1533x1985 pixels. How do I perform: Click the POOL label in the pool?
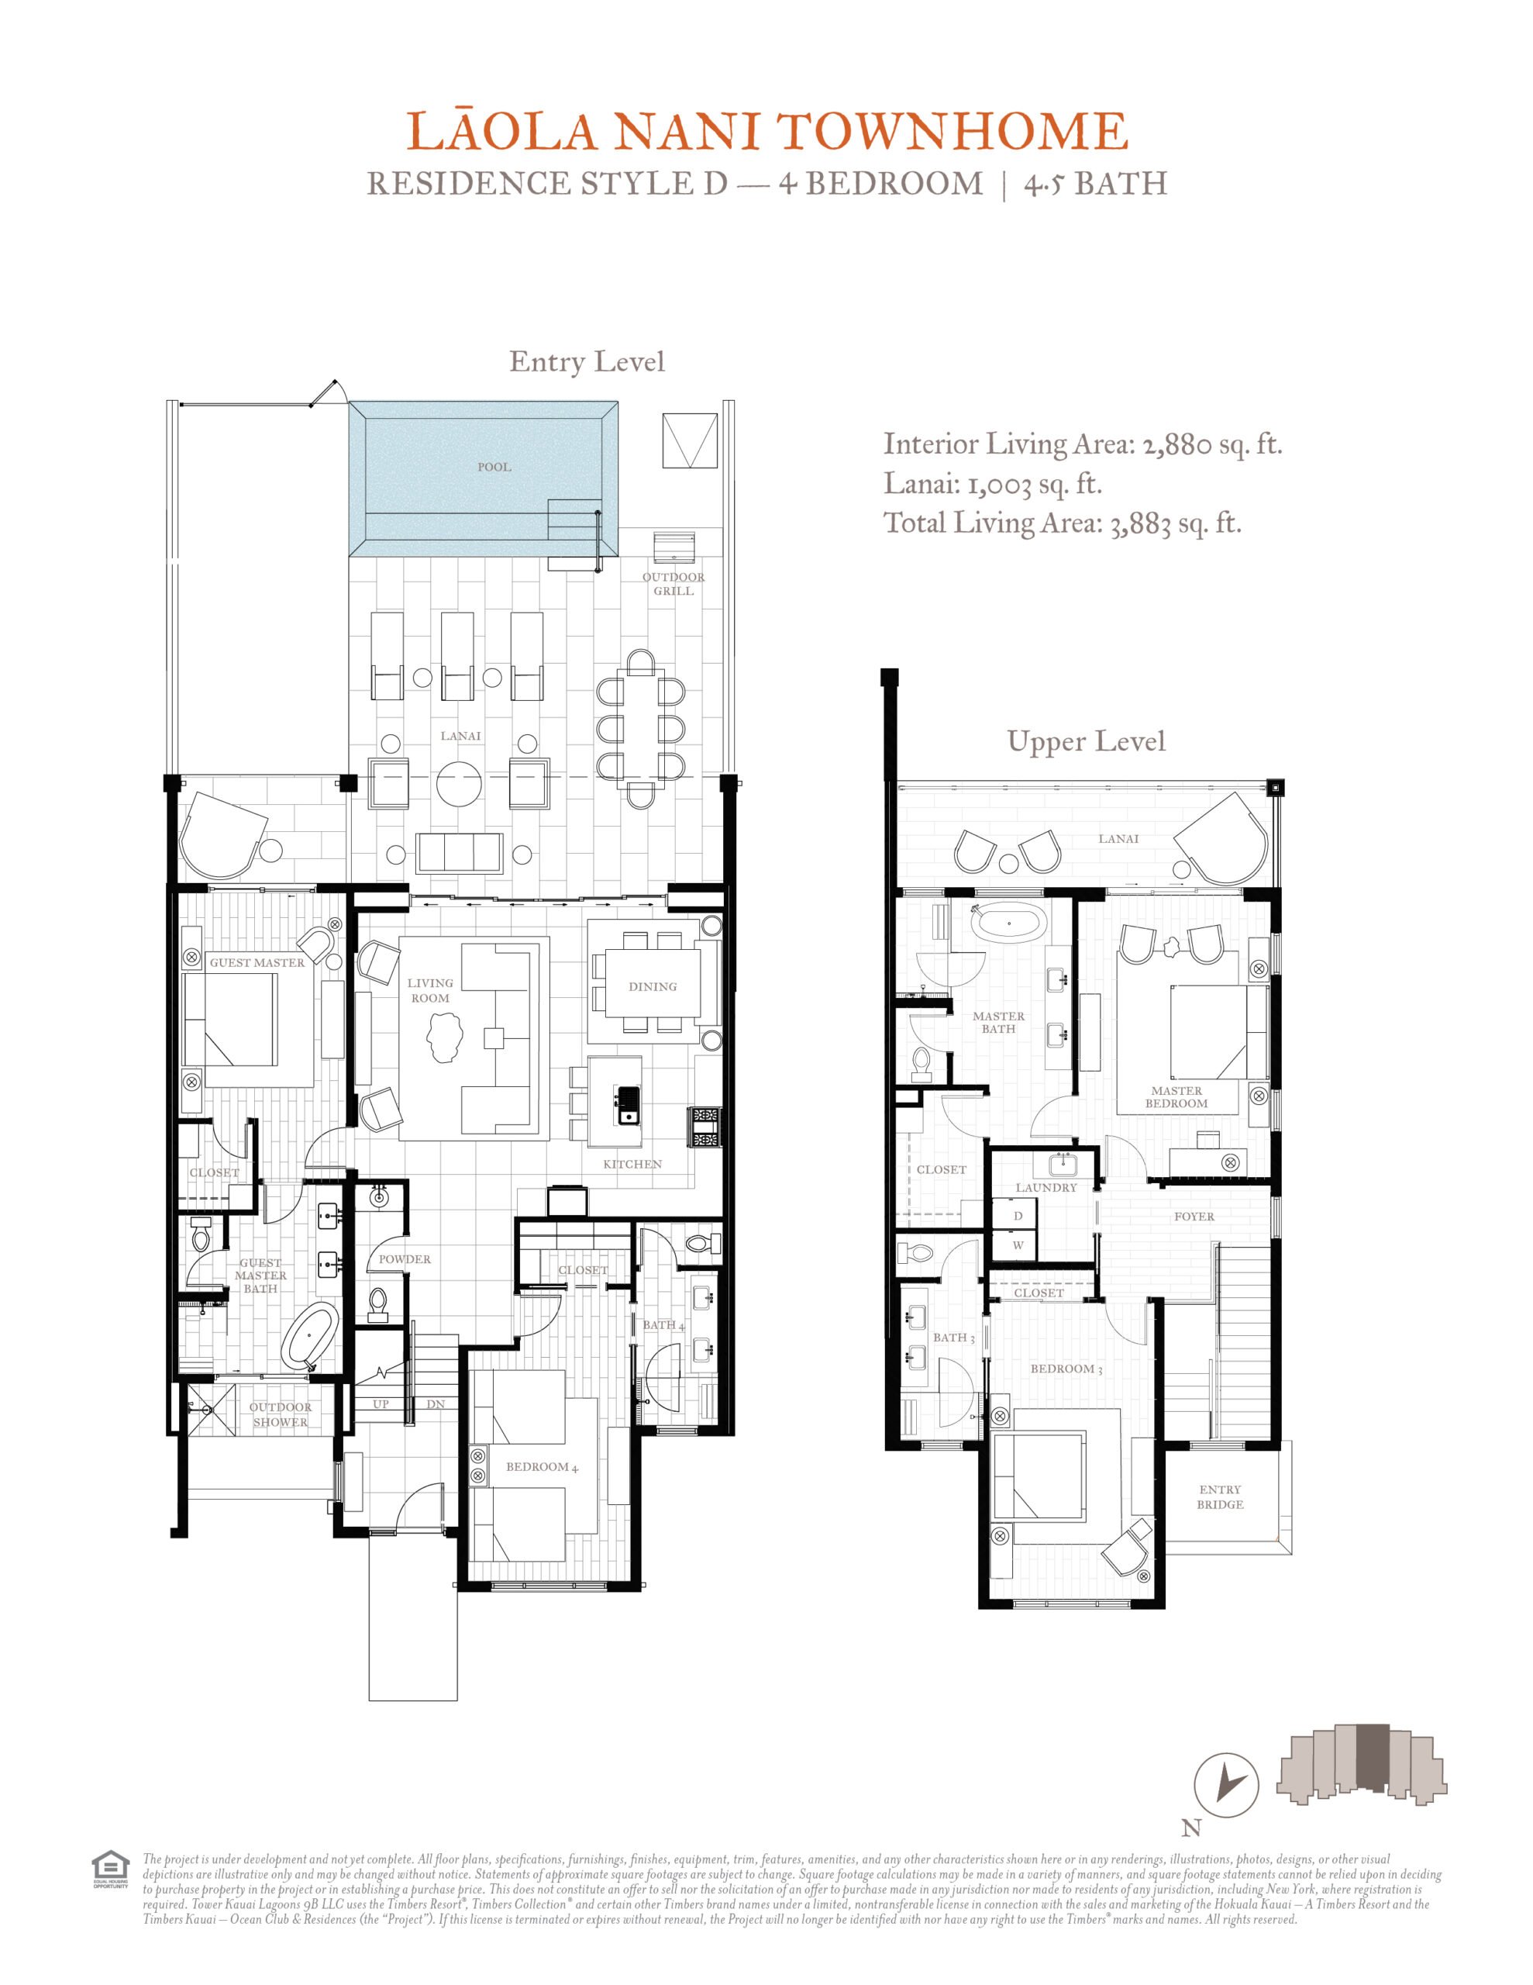[494, 467]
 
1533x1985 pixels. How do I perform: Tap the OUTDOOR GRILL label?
[673, 584]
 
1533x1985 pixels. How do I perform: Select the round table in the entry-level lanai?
[459, 782]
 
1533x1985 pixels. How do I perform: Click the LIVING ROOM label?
[430, 989]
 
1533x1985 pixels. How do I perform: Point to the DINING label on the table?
[653, 986]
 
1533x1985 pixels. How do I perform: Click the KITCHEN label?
[632, 1163]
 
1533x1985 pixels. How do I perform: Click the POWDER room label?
[405, 1258]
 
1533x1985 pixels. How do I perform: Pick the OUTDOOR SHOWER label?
[280, 1414]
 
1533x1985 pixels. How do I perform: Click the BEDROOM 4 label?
[542, 1467]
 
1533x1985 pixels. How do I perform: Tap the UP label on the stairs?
[381, 1404]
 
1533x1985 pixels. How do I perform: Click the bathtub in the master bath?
[1008, 923]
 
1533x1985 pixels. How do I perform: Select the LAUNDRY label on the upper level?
[1046, 1187]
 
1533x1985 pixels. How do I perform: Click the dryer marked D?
[1018, 1215]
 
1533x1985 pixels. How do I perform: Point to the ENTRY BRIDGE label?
[1219, 1497]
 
